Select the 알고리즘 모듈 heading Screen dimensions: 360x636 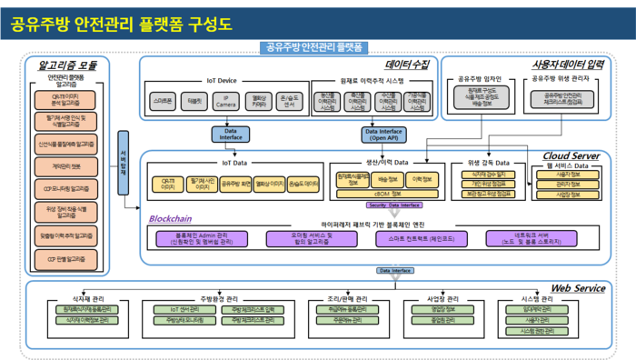[x=67, y=65]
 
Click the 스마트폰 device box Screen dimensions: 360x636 [x=164, y=101]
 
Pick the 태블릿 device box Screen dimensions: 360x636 [x=194, y=101]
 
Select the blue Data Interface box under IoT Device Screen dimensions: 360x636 [x=224, y=135]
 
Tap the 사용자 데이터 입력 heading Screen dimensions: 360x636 [x=568, y=65]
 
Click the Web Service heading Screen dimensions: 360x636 [x=578, y=288]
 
